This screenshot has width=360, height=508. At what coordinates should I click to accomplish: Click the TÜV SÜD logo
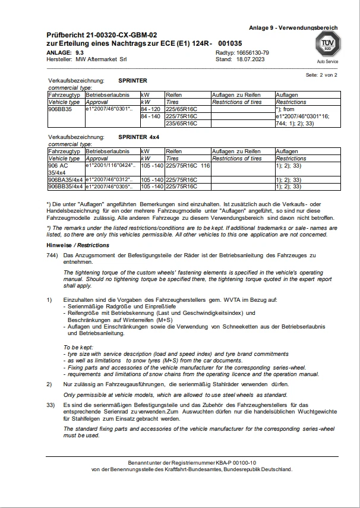(x=327, y=45)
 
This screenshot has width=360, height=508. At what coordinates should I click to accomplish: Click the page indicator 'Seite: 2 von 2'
(x=321, y=75)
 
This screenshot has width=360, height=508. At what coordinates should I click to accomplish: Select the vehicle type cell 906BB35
(x=59, y=110)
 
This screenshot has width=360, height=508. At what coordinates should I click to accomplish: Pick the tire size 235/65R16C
(x=181, y=124)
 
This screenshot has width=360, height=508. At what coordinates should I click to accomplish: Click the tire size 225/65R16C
(x=181, y=110)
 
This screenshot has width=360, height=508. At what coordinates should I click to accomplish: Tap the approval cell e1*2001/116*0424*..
(x=111, y=165)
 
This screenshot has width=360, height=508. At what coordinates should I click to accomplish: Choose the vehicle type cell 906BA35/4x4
(x=65, y=179)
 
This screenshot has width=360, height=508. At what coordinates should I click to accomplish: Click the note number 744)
(x=53, y=255)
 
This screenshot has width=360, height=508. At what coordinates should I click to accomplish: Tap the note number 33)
(x=52, y=405)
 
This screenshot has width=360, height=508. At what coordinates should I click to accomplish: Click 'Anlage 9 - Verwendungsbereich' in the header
(x=293, y=27)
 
